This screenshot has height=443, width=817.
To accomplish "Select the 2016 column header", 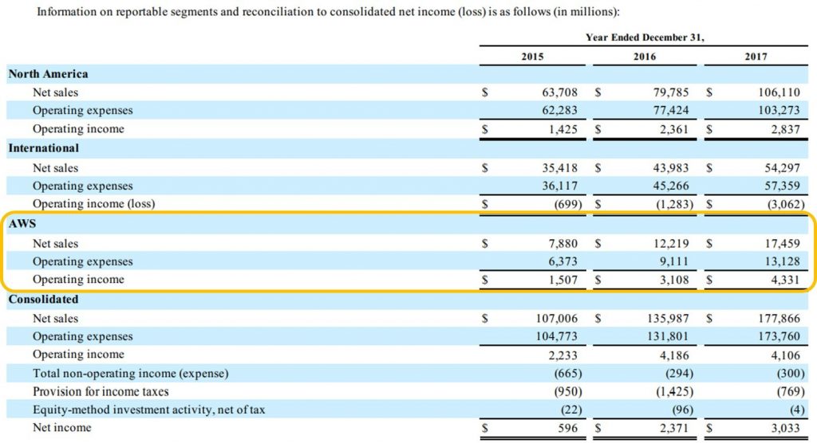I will [644, 57].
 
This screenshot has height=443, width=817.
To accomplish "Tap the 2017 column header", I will [756, 57].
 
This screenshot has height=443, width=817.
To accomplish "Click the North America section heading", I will [48, 74].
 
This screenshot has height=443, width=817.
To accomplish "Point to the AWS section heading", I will [23, 224].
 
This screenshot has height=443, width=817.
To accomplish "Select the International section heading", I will [44, 148].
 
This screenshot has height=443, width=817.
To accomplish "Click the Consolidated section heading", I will [43, 300].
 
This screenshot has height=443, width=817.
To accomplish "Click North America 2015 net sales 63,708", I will [558, 92].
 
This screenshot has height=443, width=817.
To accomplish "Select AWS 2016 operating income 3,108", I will [671, 280].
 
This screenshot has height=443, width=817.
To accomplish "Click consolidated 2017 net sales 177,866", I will [774, 318].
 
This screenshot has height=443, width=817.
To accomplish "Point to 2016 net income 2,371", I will [673, 428].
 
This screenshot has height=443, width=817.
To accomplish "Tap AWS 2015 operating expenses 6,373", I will [562, 261].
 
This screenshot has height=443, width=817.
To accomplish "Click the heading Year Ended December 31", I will [645, 37].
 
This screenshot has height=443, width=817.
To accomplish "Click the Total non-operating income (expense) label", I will [131, 373].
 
